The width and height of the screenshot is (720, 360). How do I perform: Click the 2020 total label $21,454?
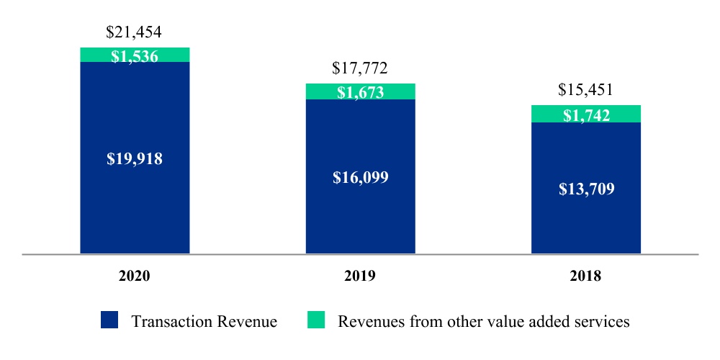[x=135, y=32]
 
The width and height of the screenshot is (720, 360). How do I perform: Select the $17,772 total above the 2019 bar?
[x=360, y=68]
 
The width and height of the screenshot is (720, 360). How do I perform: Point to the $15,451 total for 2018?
[x=585, y=90]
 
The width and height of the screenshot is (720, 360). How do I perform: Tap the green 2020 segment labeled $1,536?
[x=135, y=55]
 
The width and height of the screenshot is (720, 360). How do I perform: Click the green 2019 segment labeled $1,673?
[x=360, y=91]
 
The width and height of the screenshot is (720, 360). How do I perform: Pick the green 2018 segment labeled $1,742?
[x=585, y=114]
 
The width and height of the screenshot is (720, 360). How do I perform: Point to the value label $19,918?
[x=135, y=159]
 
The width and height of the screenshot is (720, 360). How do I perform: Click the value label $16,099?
[x=360, y=177]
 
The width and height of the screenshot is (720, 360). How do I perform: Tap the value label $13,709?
[x=585, y=189]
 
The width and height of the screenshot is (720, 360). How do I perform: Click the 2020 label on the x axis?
[x=135, y=276]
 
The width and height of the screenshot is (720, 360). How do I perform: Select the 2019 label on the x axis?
[x=360, y=276]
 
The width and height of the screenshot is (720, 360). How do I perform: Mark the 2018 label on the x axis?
[x=585, y=276]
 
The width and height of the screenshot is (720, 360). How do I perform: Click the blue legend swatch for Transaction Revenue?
[x=109, y=320]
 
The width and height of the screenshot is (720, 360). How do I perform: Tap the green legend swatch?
[x=317, y=320]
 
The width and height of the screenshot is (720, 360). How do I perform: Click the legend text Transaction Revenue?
[x=204, y=321]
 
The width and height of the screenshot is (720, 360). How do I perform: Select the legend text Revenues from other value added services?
[x=484, y=321]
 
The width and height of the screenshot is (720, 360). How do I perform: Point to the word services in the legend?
[x=606, y=321]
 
